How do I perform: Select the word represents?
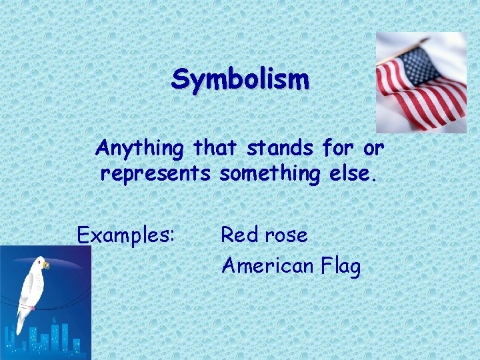point(155,175)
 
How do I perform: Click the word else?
point(359,175)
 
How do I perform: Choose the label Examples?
point(126,235)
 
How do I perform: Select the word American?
point(267,266)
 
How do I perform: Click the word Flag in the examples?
point(340,266)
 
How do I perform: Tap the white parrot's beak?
point(47,265)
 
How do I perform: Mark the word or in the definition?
point(375,147)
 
